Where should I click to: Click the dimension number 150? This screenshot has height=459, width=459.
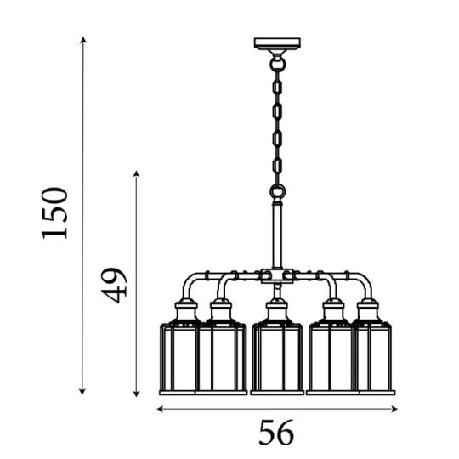54,213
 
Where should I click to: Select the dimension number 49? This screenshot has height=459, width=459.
114,285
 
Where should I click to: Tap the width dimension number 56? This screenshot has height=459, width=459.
276,433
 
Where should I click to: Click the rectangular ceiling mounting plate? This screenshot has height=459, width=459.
277,43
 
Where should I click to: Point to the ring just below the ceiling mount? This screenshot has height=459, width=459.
277,63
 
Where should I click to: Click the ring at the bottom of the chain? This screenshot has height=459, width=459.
277,192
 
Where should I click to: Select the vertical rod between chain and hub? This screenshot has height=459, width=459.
277,235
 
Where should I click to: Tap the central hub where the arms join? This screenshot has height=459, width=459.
277,276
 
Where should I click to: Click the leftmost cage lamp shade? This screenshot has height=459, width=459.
178,359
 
